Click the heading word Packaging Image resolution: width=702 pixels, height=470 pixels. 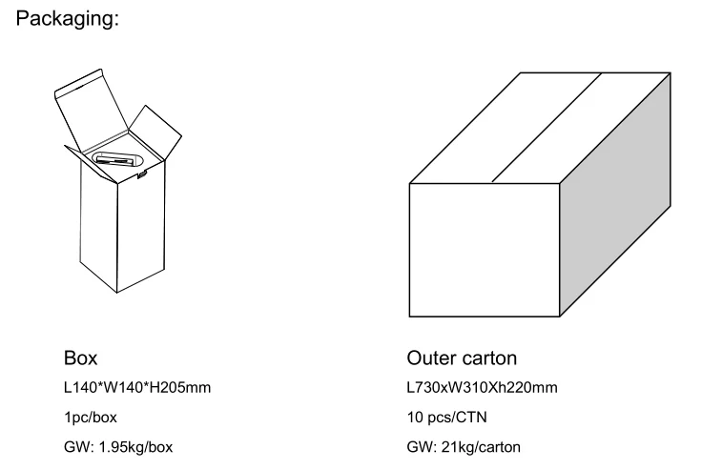[x=68, y=18]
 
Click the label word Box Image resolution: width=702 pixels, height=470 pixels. [x=80, y=358]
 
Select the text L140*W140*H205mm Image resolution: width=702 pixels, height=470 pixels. [x=136, y=387]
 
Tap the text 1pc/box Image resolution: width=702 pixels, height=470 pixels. [x=91, y=417]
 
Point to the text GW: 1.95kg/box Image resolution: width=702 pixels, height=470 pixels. [x=118, y=446]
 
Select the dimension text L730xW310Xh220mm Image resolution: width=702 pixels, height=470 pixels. [x=482, y=387]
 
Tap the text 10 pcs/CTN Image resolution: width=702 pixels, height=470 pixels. [x=445, y=417]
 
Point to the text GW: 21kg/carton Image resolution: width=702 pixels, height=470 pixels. [x=464, y=446]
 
